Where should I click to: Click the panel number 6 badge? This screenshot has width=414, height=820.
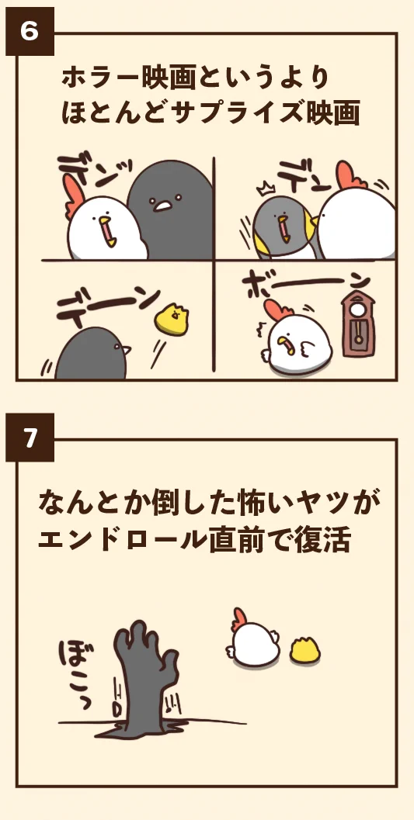point(30,31)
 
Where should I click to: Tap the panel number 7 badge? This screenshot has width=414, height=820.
point(30,438)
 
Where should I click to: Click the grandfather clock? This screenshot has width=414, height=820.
point(358,324)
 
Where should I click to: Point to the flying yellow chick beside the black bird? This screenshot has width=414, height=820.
point(172,319)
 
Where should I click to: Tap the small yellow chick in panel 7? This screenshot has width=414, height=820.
point(305,650)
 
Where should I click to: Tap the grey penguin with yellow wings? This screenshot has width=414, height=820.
point(284,227)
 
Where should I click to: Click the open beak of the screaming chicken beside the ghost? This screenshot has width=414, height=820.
point(107,230)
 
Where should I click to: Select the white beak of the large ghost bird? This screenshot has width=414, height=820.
point(162,206)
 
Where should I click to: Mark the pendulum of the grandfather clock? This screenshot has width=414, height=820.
point(359,330)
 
